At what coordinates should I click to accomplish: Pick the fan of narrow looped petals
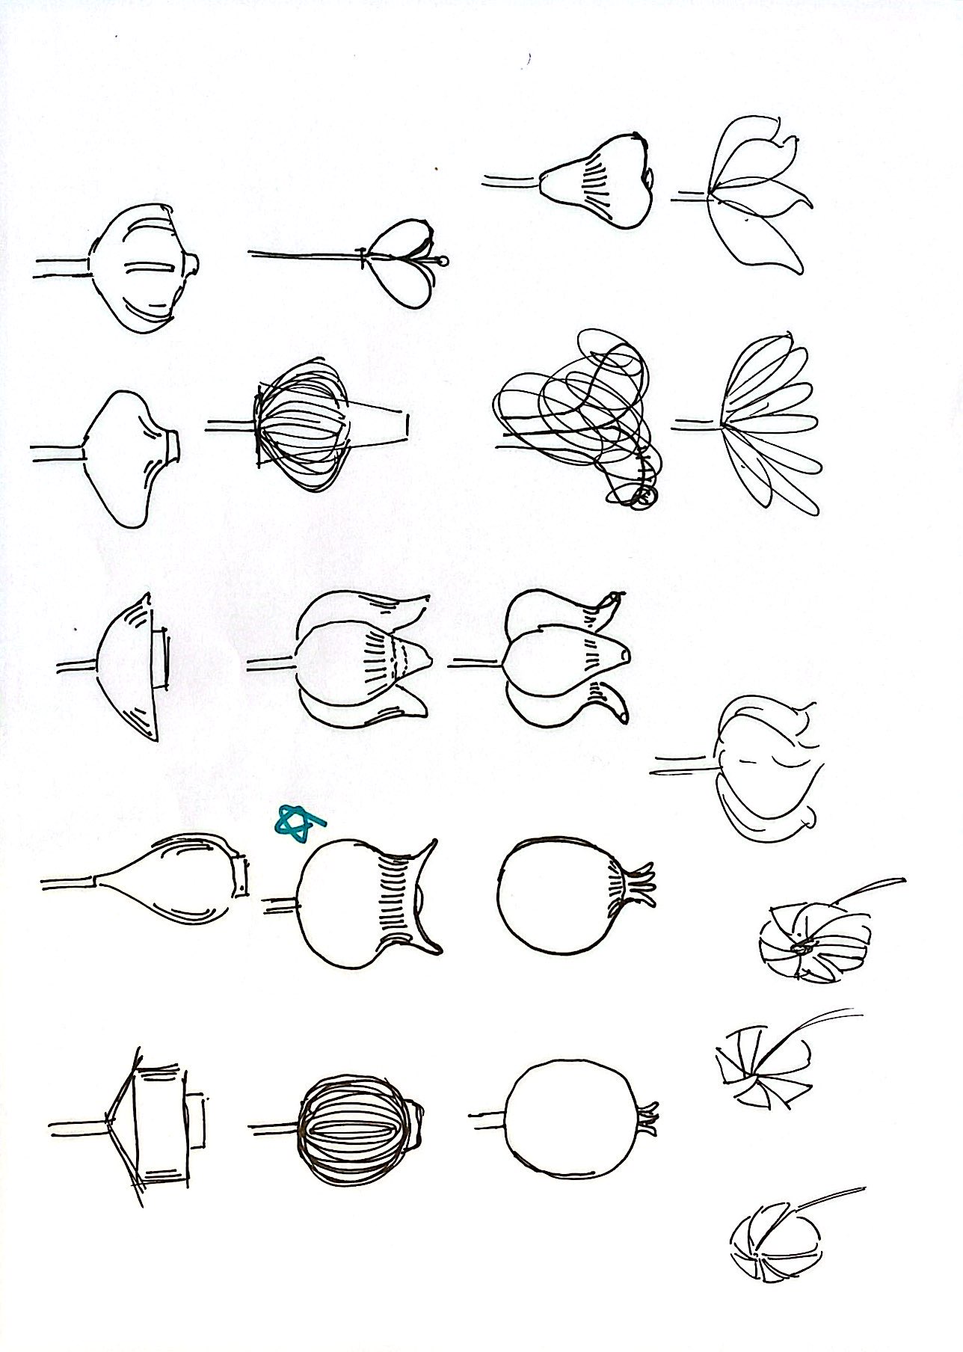tap(770, 426)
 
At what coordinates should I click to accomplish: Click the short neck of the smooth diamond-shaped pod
tap(172, 446)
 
